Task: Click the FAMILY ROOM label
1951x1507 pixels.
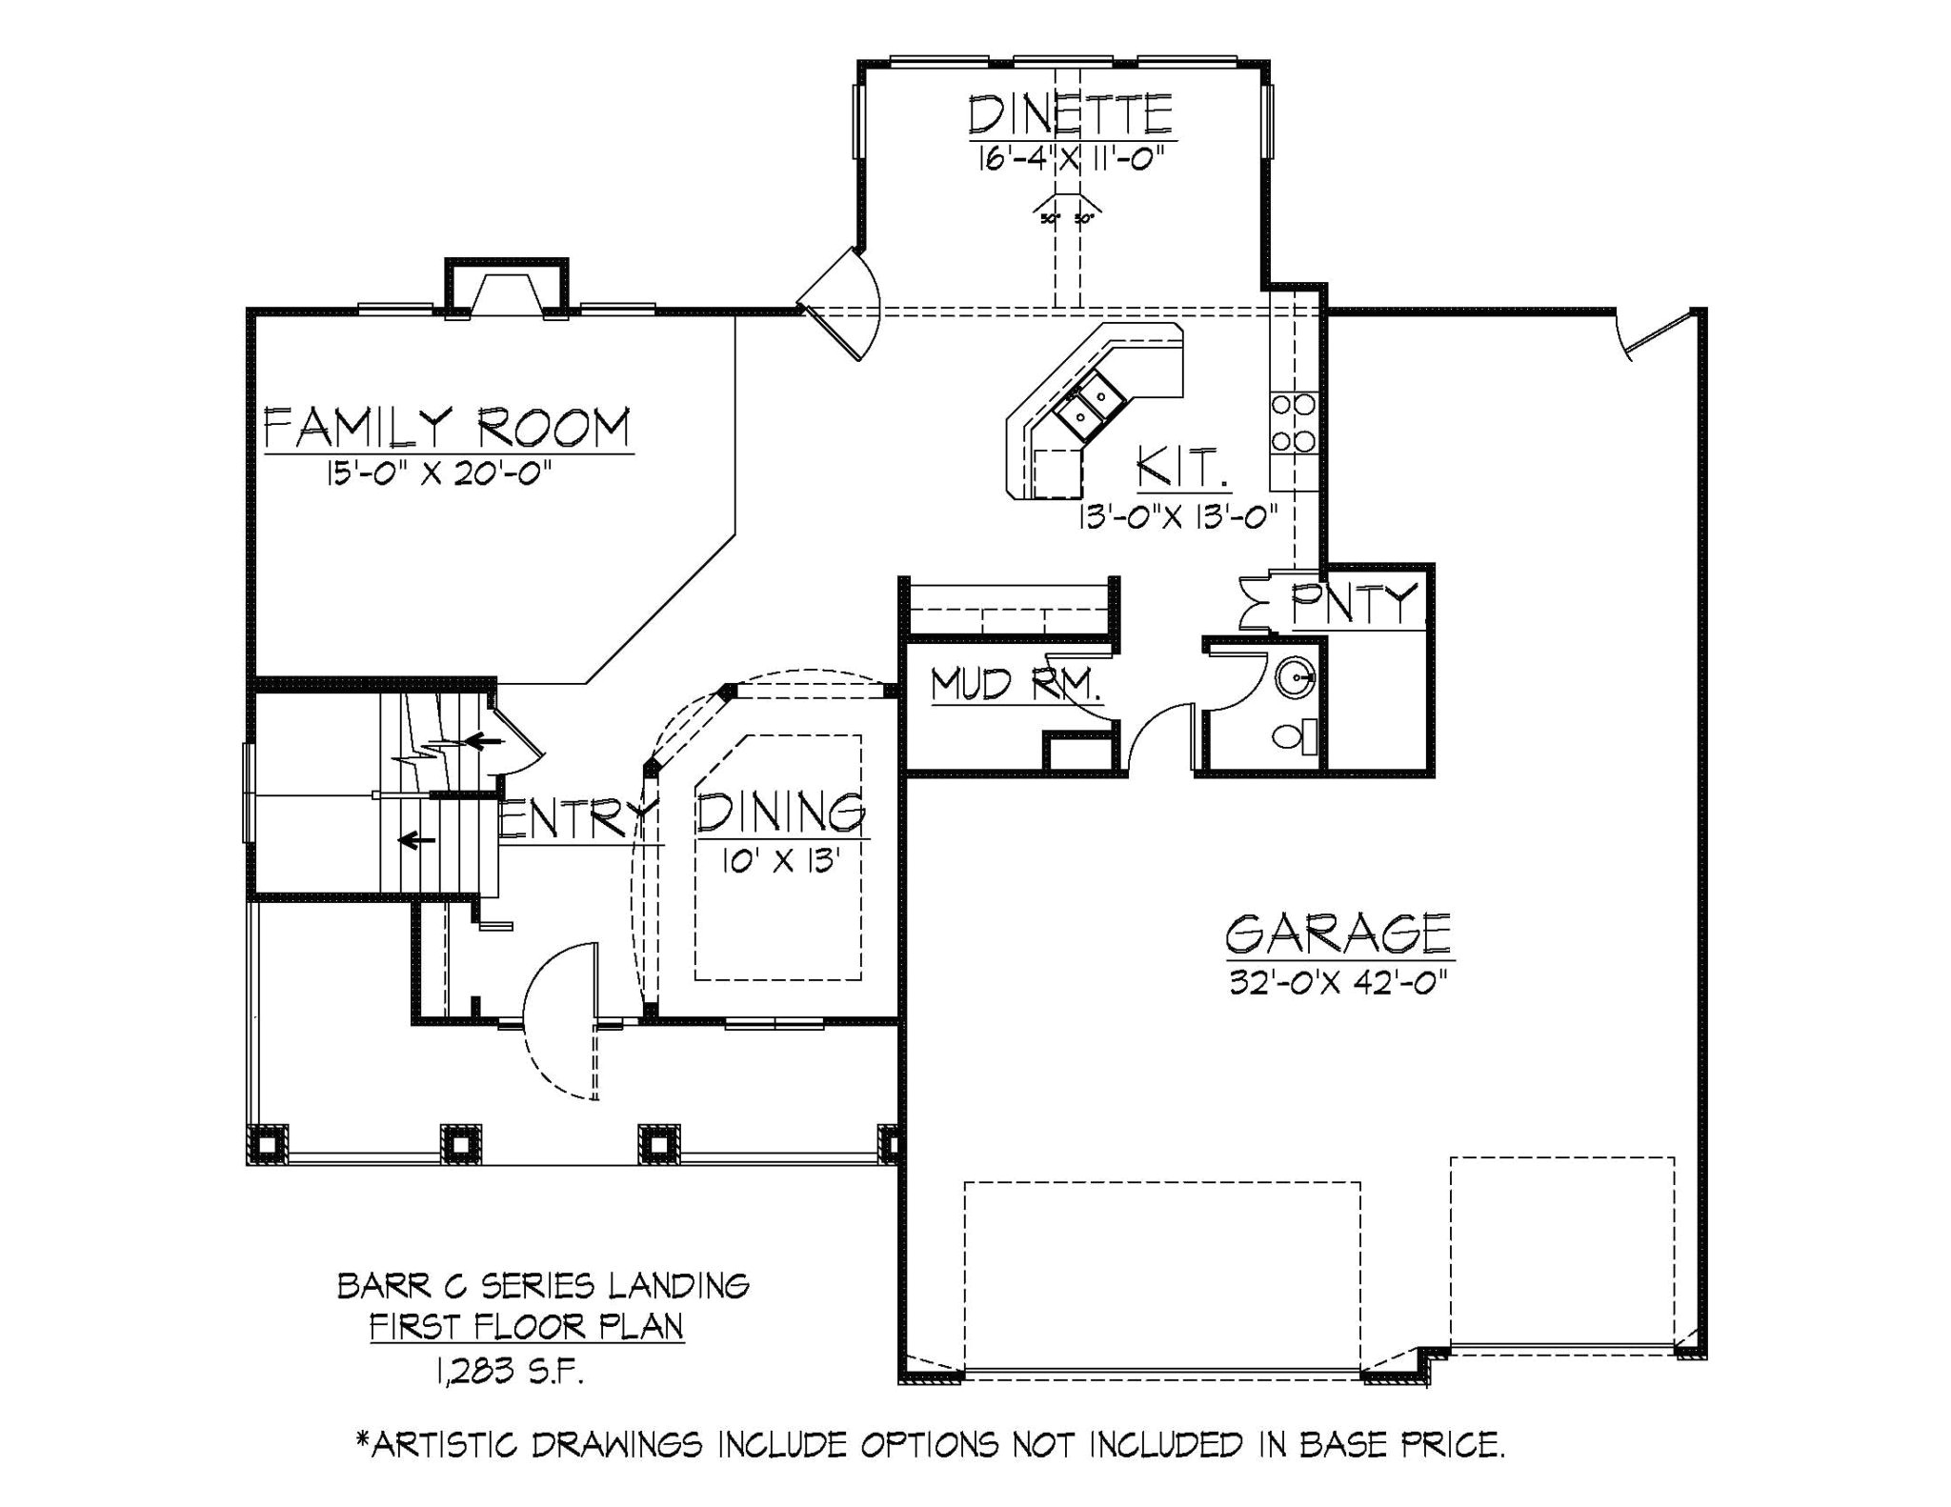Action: click(x=447, y=428)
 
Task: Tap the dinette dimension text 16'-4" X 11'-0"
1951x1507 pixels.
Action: click(x=1070, y=158)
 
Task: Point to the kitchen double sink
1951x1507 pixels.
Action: click(x=1088, y=404)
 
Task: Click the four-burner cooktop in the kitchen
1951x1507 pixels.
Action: click(x=1293, y=423)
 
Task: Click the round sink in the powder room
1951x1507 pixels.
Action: click(x=1296, y=678)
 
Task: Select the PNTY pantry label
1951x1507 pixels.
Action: click(x=1353, y=603)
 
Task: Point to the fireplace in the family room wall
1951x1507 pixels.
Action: click(x=506, y=291)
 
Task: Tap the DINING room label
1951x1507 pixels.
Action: click(x=780, y=813)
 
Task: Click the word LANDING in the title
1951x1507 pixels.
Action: click(x=678, y=1286)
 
